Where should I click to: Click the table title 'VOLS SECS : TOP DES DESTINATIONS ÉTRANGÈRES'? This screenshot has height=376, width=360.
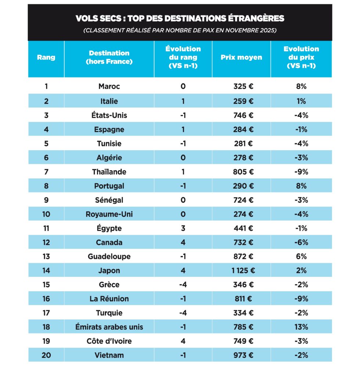point(180,18)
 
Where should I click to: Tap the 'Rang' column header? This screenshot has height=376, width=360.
point(46,57)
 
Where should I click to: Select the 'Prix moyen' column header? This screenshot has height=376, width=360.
point(241,57)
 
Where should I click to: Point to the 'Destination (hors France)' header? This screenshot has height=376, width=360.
point(109,57)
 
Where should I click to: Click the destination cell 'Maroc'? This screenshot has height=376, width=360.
point(109,87)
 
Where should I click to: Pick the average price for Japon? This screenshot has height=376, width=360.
point(243,271)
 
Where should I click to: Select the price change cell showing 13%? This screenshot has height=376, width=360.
point(301,327)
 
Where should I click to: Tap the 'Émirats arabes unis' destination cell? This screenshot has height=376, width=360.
point(109,327)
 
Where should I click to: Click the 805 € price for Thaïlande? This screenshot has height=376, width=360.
point(243,172)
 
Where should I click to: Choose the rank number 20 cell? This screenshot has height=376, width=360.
point(46,355)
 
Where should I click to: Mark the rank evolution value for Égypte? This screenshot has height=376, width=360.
point(183,228)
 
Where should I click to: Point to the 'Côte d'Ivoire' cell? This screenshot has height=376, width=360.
point(109,341)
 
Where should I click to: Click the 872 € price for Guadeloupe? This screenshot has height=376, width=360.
point(243,256)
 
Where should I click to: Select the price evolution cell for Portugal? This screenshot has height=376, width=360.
point(301,186)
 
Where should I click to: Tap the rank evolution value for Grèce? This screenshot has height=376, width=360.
point(183,285)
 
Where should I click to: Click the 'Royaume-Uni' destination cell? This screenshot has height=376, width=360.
point(109,214)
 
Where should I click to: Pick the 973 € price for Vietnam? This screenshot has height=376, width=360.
point(243,355)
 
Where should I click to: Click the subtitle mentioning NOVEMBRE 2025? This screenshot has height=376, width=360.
point(180,30)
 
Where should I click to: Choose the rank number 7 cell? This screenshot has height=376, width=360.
point(46,172)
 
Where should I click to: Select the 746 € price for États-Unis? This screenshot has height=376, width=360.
point(243,115)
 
